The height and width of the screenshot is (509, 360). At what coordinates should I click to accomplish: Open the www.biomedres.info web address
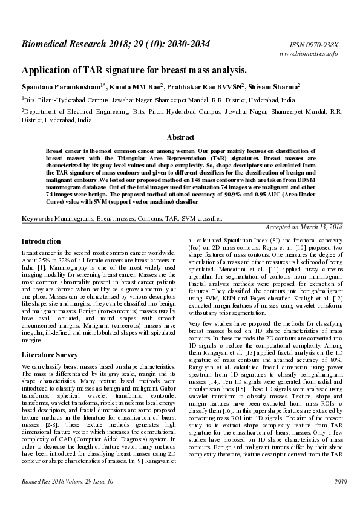(x=309, y=54)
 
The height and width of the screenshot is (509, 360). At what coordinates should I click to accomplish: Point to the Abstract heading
(x=180, y=137)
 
